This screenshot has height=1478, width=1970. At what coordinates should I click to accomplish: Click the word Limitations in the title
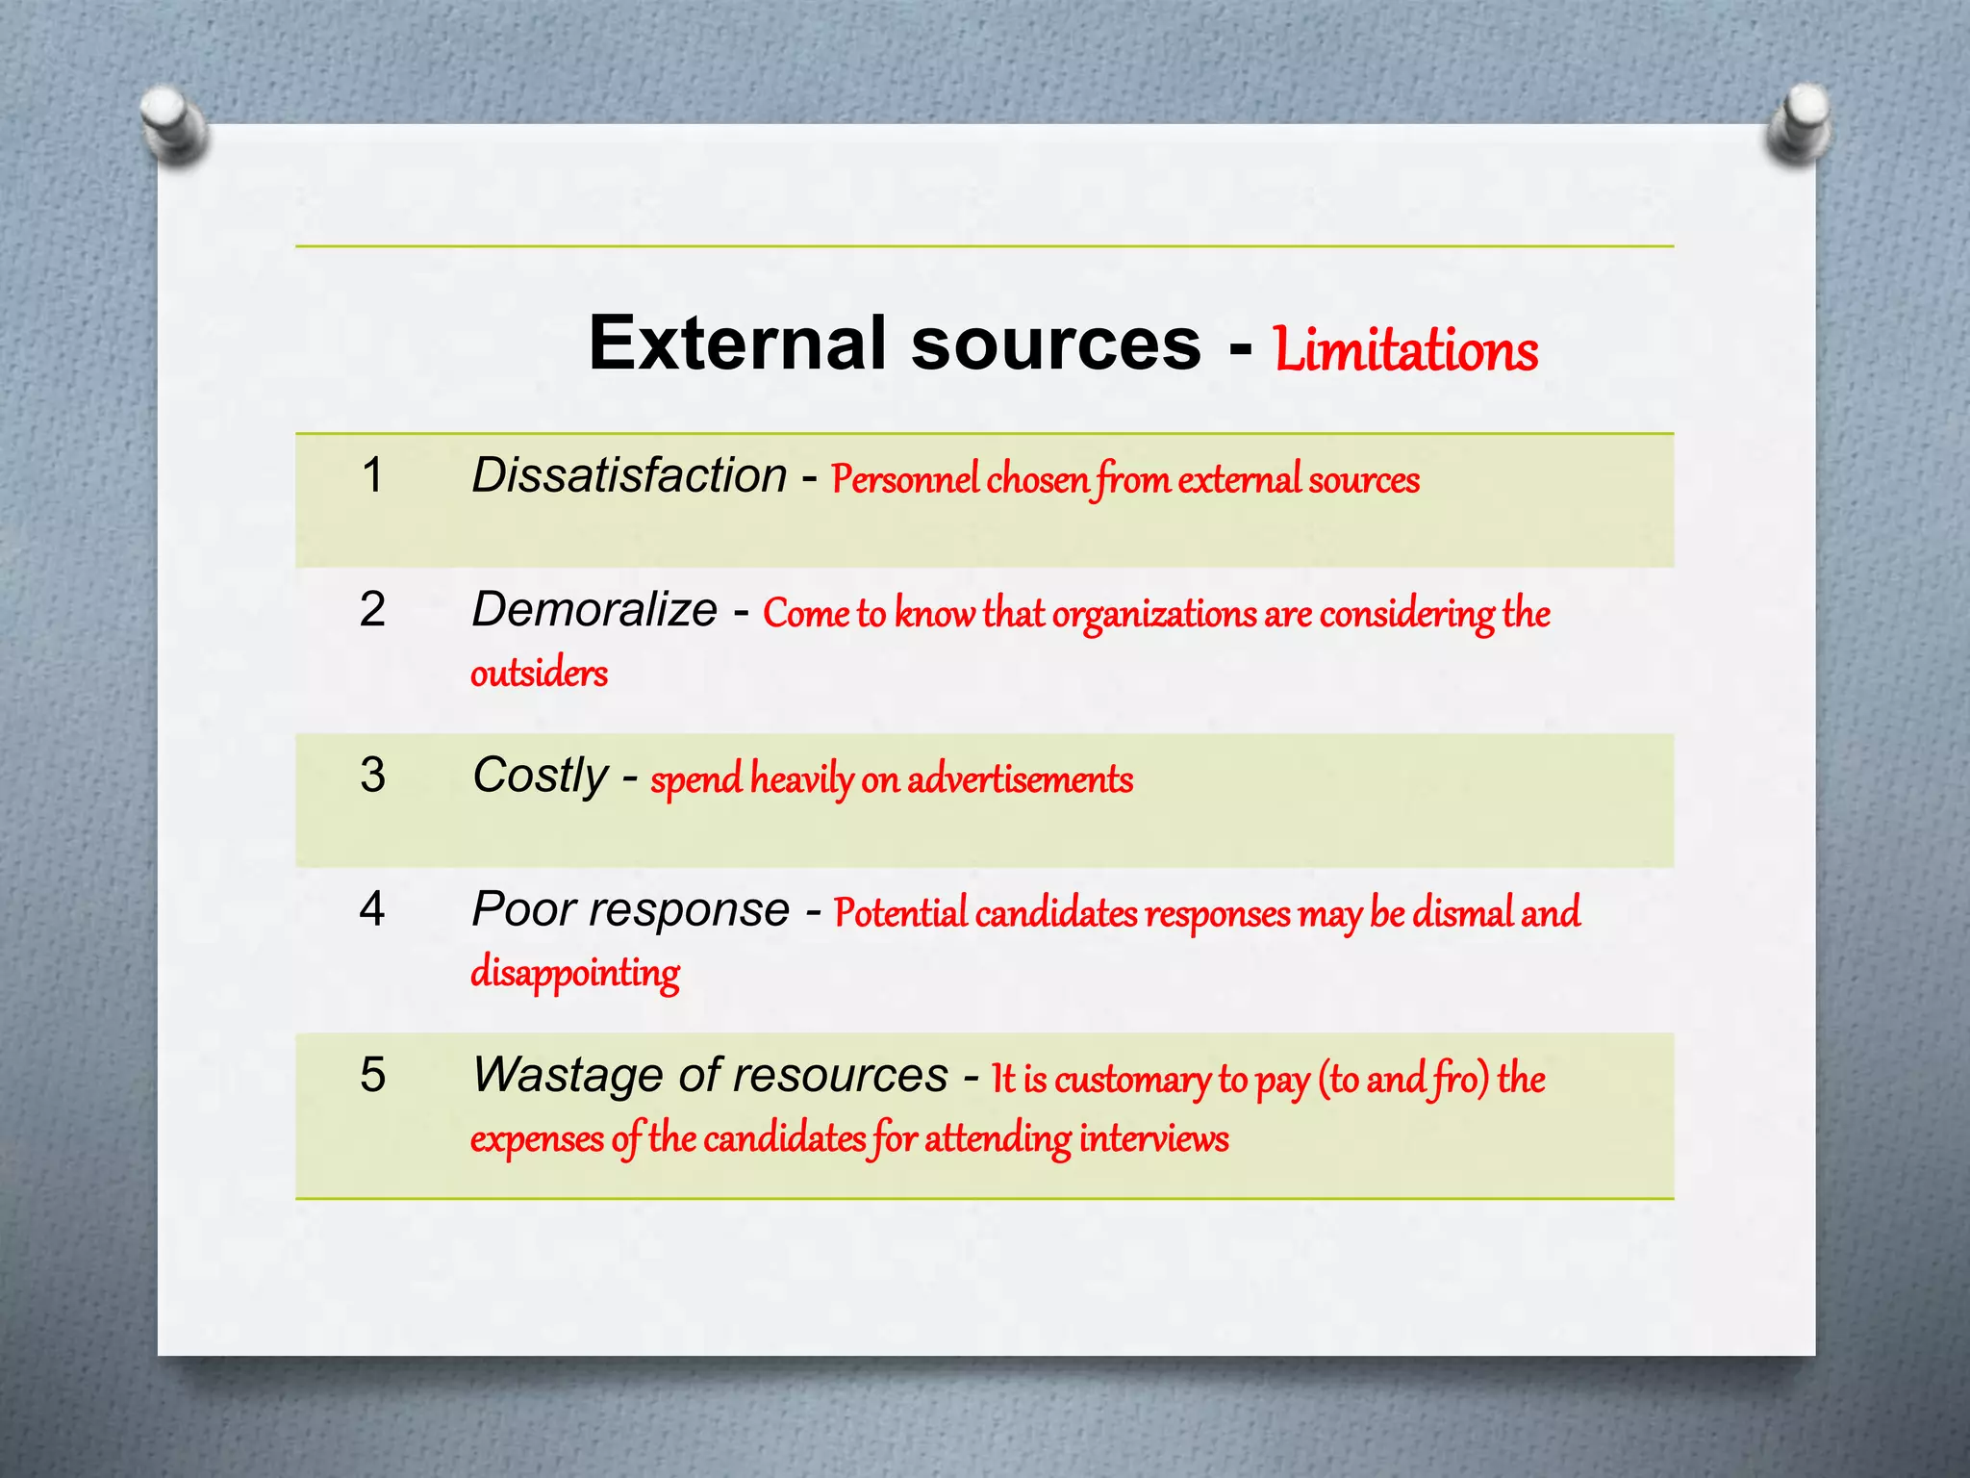[1405, 350]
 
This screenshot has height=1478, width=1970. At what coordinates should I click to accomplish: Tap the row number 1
[372, 475]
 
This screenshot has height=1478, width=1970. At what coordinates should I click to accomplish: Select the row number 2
[372, 609]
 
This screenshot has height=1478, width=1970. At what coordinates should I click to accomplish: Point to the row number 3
[372, 775]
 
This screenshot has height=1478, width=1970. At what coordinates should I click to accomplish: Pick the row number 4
[372, 908]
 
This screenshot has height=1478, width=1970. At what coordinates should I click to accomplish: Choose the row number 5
[372, 1074]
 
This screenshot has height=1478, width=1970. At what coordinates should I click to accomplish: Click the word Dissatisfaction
[629, 475]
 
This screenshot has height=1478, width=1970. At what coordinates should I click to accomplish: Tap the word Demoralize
[594, 609]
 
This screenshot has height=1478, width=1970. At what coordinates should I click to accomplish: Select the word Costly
[540, 776]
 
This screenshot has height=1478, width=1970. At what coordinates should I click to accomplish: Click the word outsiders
[539, 674]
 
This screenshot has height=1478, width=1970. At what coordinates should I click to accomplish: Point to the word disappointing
[575, 973]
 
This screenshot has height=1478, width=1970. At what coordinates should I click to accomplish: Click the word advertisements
[1020, 779]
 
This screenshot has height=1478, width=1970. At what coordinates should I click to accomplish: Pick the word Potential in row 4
[900, 913]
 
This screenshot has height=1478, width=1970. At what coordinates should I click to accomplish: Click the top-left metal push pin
[171, 123]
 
